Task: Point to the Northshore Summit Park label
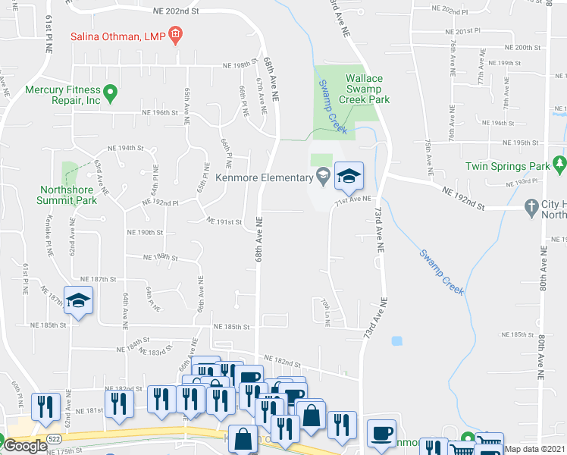pyautogui.click(x=67, y=196)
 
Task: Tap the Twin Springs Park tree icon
pyautogui.click(x=560, y=162)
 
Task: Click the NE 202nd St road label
pyautogui.click(x=175, y=11)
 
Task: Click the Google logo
pyautogui.click(x=25, y=446)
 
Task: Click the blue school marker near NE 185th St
pyautogui.click(x=79, y=300)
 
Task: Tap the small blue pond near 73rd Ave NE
pyautogui.click(x=396, y=340)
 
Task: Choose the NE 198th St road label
pyautogui.click(x=242, y=66)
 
